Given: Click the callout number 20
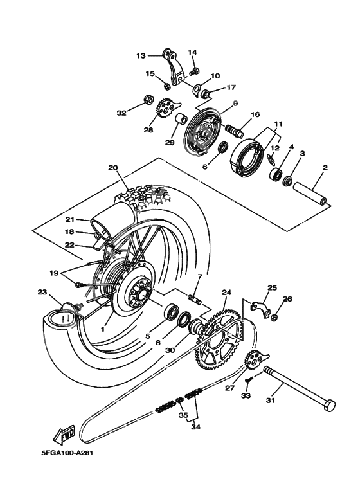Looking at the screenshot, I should coord(113,168).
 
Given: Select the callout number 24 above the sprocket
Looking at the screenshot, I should coord(226,292).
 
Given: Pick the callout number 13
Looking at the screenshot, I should coord(141,55).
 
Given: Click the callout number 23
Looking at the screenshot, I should coord(42,293).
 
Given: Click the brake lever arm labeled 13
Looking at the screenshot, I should coord(175,67).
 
